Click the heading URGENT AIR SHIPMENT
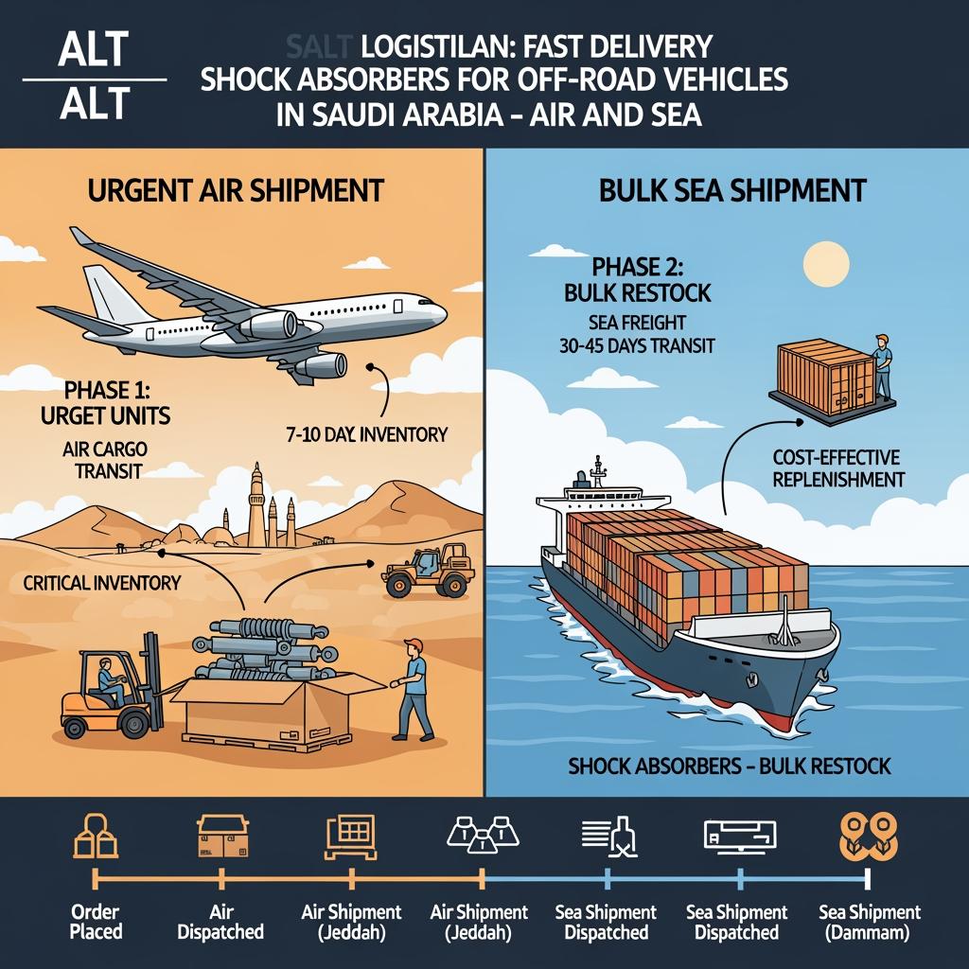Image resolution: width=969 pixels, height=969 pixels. tap(236, 190)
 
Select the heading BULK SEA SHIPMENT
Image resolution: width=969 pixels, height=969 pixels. tap(732, 190)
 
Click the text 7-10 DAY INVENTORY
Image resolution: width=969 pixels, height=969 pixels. tap(365, 434)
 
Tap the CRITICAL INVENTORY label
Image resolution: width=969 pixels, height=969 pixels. tap(101, 583)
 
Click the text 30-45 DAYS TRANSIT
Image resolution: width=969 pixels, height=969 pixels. tap(636, 347)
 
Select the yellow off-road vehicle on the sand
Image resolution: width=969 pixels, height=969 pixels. tap(428, 572)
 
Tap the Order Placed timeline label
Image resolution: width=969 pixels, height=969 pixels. tap(96, 922)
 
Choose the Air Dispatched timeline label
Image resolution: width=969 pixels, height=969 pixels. tap(220, 922)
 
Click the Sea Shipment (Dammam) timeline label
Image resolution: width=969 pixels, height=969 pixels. tap(869, 922)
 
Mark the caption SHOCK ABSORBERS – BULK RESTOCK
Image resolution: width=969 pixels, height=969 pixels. tap(730, 765)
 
